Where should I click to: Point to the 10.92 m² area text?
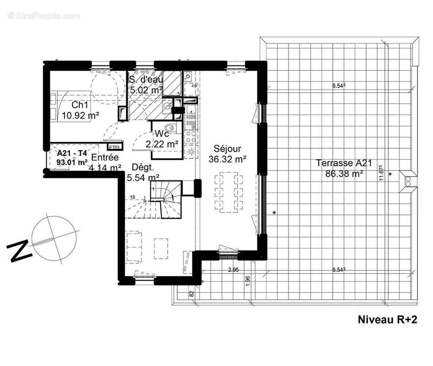[x=80, y=116]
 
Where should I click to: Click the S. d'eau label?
[x=145, y=80]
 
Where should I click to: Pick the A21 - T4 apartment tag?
[x=72, y=153]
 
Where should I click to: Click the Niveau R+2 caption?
[x=387, y=319]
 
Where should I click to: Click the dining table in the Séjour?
[x=227, y=192]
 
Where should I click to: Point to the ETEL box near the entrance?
[x=113, y=146]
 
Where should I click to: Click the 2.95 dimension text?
[x=234, y=270]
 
